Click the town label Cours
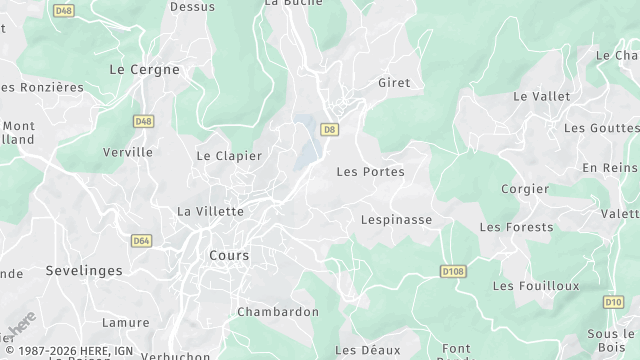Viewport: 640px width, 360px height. [x=229, y=255]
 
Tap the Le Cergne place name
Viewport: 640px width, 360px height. [x=144, y=70]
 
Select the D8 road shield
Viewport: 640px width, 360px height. [x=329, y=129]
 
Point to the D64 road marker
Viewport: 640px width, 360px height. [x=140, y=240]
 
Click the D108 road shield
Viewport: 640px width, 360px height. [x=453, y=270]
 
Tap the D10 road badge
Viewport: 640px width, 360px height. [x=612, y=301]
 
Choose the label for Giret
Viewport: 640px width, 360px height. [x=394, y=83]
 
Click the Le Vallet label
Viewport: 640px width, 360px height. [x=541, y=96]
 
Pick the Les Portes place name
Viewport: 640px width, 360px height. [x=370, y=172]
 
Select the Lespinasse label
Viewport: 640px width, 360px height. [x=396, y=218]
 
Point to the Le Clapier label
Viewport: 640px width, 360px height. [x=229, y=156]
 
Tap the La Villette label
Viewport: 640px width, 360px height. [x=210, y=211]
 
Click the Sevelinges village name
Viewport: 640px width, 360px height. [x=84, y=271]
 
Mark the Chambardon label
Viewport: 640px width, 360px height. [x=278, y=312]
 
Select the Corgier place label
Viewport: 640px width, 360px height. [x=525, y=188]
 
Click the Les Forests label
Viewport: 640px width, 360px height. [x=516, y=227]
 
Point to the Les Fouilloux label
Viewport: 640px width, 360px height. [x=536, y=286]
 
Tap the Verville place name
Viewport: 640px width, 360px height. [x=128, y=152]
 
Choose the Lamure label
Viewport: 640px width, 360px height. [x=125, y=323]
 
